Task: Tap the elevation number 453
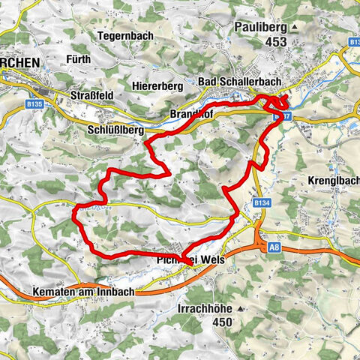coord(275,43)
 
